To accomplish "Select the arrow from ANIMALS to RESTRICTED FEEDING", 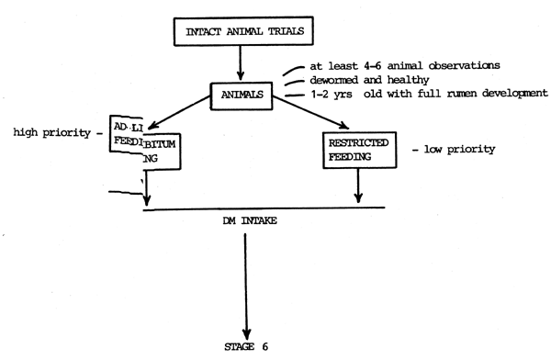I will (311, 117).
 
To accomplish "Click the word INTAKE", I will (255, 223).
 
